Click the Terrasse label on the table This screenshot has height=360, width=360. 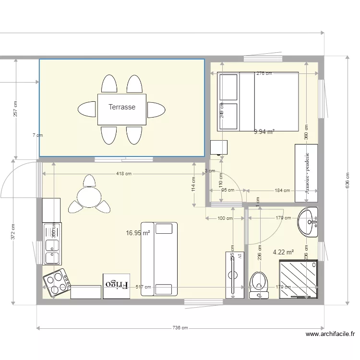click(x=122, y=107)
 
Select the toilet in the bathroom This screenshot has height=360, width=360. click(x=259, y=285)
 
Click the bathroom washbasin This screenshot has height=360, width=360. click(x=308, y=222)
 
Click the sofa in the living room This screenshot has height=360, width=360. click(x=159, y=259)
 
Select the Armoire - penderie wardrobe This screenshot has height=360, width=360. click(x=306, y=173)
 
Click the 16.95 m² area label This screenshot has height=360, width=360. click(x=138, y=233)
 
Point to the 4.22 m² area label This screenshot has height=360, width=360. click(x=283, y=252)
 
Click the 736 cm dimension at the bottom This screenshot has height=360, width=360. click(x=180, y=328)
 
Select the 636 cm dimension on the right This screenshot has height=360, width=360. click(x=347, y=180)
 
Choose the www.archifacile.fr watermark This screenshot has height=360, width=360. click(x=330, y=334)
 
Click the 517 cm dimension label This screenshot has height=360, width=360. click(x=143, y=287)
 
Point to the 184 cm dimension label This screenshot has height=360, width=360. click(x=282, y=190)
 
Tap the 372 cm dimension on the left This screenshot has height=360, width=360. click(x=13, y=232)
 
